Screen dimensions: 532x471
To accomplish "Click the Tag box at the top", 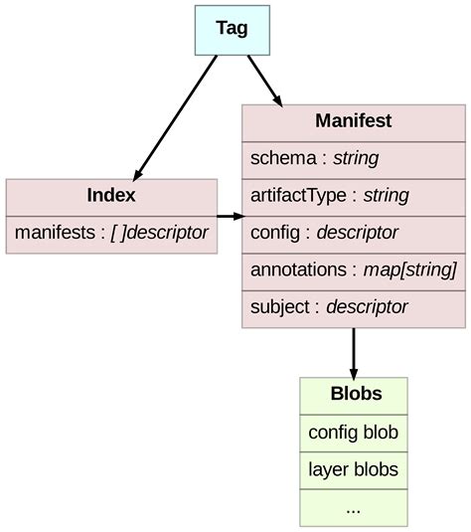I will pyautogui.click(x=232, y=29).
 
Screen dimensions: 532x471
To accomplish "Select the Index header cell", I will pyautogui.click(x=111, y=196).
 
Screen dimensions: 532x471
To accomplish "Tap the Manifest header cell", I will pyautogui.click(x=353, y=121).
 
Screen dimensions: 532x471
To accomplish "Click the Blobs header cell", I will pyautogui.click(x=354, y=395).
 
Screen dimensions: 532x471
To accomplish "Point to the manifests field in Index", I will pyautogui.click(x=111, y=233).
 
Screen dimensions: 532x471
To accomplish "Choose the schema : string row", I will pyautogui.click(x=353, y=158).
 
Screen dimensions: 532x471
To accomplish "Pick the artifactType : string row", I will pyautogui.click(x=353, y=195).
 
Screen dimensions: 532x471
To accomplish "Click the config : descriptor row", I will pyautogui.click(x=353, y=233).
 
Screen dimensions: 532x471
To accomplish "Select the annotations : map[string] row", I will pyautogui.click(x=353, y=269).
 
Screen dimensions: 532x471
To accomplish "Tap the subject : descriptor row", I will pyautogui.click(x=353, y=306).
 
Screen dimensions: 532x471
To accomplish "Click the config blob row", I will pyautogui.click(x=354, y=433).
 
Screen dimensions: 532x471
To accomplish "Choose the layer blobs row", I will pyautogui.click(x=354, y=469).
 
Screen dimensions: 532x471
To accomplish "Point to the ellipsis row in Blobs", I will pyautogui.click(x=354, y=507).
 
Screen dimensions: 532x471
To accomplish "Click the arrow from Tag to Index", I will pyautogui.click(x=175, y=116).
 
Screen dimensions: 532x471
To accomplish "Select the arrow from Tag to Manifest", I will pyautogui.click(x=264, y=81).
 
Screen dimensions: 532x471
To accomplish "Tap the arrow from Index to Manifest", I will pyautogui.click(x=230, y=215).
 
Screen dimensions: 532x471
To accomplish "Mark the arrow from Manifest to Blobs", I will pyautogui.click(x=354, y=352).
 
